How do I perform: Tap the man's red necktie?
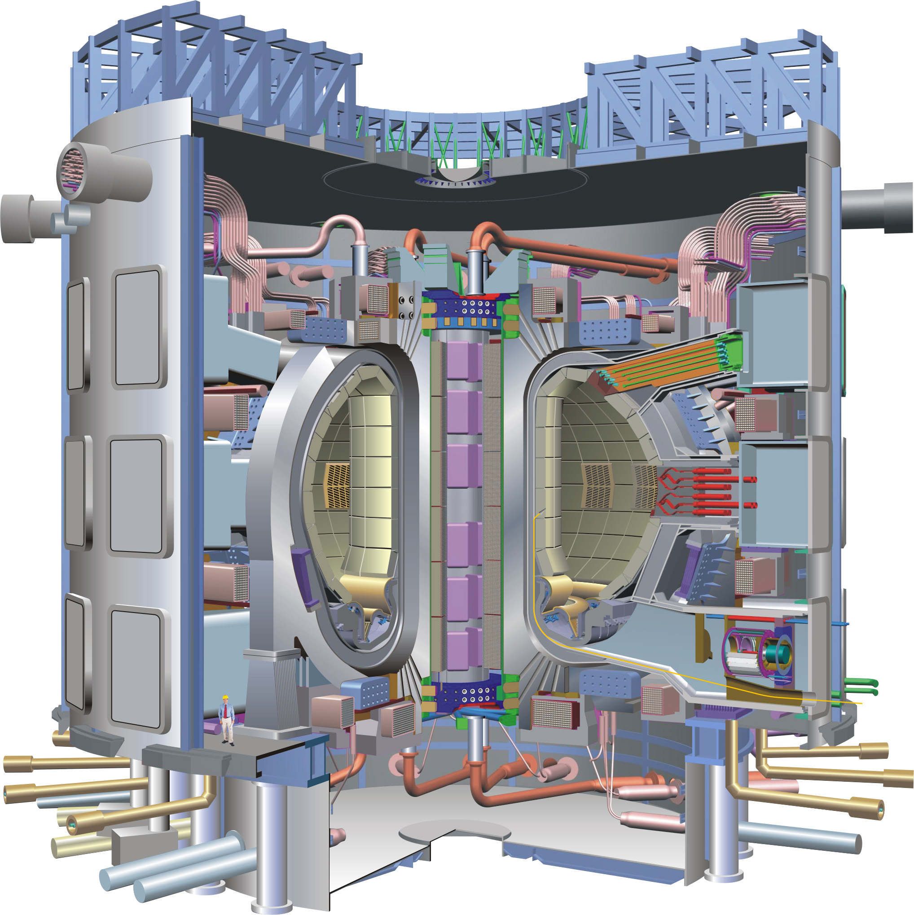pos(226,710)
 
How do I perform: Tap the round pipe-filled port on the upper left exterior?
pos(70,168)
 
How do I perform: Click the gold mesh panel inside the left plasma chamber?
pos(337,485)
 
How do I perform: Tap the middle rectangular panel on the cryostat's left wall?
pos(137,496)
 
